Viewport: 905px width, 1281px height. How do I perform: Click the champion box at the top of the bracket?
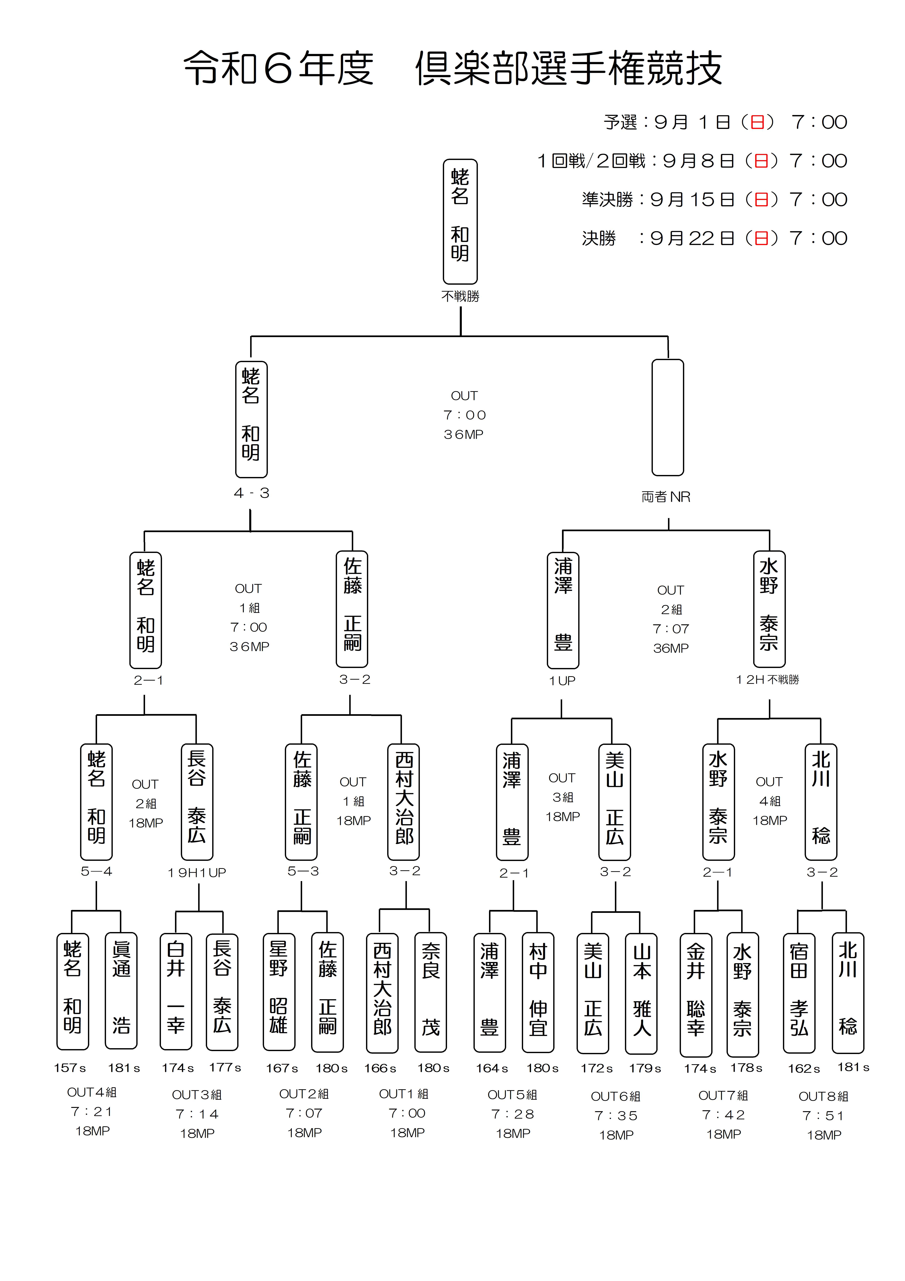coord(460,222)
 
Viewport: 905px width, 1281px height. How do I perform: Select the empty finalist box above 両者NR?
coord(667,417)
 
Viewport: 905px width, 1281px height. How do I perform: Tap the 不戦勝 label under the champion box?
coord(460,296)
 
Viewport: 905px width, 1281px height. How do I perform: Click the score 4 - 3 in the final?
coord(251,493)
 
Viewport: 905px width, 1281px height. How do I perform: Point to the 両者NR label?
coord(666,497)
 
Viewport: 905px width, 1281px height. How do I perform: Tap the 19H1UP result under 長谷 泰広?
coord(197,873)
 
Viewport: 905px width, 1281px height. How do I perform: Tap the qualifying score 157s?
coord(70,1068)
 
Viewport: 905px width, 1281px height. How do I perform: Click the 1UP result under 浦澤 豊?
coord(562,681)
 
